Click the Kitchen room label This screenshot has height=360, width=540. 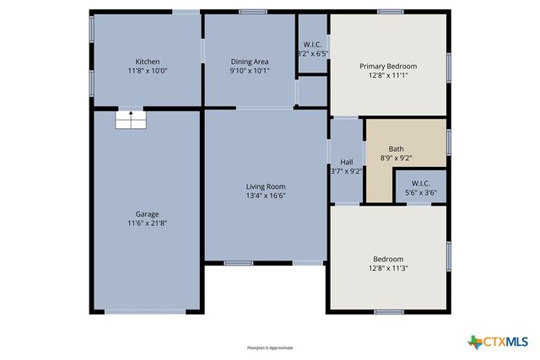148,62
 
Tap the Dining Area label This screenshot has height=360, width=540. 250,62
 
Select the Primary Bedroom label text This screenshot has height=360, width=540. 388,66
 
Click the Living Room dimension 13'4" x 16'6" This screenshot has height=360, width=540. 266,196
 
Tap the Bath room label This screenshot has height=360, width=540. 396,148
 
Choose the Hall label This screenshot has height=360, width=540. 346,161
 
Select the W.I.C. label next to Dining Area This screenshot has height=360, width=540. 312,44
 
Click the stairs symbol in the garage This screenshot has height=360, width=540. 130,120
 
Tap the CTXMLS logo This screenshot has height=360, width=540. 499,341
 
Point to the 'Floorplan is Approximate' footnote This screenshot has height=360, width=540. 269,347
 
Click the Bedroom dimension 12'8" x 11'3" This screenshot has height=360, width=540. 388,268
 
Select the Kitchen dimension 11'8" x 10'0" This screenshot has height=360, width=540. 148,71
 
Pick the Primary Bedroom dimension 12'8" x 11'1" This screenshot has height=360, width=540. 388,75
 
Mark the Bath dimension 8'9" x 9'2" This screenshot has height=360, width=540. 396,158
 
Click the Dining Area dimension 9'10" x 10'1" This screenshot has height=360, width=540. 250,71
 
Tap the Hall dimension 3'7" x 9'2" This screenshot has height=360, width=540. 346,170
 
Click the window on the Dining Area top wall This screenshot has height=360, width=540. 252,12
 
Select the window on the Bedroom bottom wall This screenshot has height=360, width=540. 388,312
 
